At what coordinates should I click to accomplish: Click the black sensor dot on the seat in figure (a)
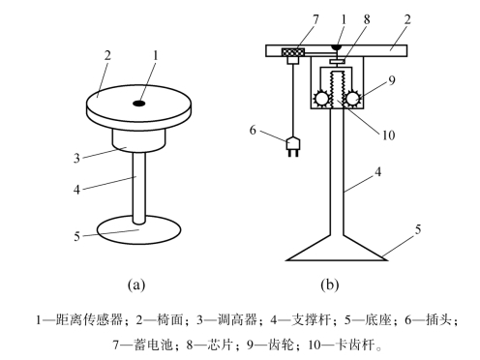(139, 104)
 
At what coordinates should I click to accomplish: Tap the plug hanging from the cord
(293, 147)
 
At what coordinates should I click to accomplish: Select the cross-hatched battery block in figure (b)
(293, 52)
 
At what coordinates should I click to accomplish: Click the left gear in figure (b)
(321, 99)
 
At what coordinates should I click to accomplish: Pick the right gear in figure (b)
(351, 99)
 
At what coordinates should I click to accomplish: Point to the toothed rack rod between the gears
(337, 90)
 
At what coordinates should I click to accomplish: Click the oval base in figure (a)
(138, 230)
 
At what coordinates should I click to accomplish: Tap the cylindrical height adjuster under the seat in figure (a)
(138, 140)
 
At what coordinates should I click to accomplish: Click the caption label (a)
(136, 285)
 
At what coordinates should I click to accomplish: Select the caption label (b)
(330, 285)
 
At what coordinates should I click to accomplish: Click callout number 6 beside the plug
(253, 130)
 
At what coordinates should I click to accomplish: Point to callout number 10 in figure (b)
(388, 135)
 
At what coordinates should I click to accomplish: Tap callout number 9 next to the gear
(392, 80)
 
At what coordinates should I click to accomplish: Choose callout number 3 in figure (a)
(76, 159)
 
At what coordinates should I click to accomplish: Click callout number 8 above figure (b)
(367, 19)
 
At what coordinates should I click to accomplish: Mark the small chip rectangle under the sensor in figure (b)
(337, 61)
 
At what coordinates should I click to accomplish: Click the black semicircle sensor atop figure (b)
(337, 47)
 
